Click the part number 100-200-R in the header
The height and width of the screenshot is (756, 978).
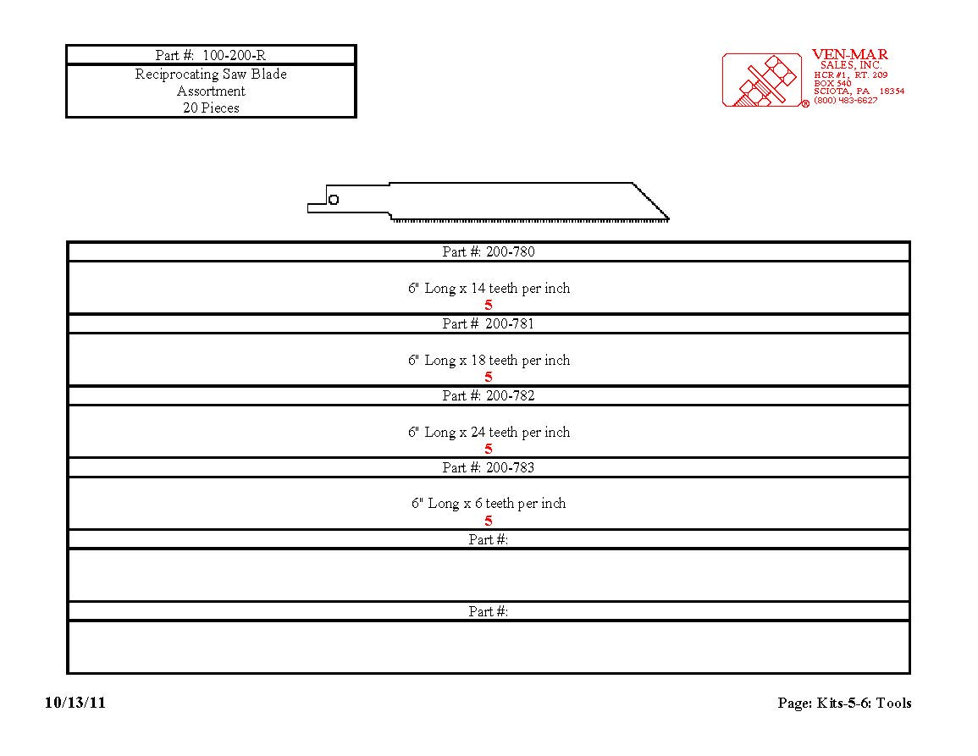point(234,56)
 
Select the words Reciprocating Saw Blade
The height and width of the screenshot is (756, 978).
point(211,74)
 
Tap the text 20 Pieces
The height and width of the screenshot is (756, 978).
point(211,108)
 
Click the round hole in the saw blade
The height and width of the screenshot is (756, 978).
point(334,200)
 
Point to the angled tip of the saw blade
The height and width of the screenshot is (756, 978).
point(669,218)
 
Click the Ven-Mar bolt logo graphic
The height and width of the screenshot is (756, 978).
point(762,80)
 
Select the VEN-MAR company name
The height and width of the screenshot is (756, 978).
point(849,55)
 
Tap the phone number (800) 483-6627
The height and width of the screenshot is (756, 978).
point(845,101)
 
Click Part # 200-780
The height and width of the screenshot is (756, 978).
point(489,252)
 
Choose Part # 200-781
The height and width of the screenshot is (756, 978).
point(489,323)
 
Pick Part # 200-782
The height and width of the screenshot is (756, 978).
point(489,395)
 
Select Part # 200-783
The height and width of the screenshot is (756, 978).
point(489,468)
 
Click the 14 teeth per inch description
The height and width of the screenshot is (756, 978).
point(489,288)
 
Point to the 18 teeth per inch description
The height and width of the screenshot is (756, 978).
point(489,361)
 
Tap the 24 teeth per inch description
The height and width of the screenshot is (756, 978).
point(489,433)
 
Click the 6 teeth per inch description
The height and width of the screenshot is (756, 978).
point(489,504)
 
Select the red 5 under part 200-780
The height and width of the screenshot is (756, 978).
point(489,305)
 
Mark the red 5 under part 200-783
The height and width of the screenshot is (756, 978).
point(489,521)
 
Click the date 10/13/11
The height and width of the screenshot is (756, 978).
point(75,703)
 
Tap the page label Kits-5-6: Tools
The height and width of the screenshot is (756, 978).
point(864,703)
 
